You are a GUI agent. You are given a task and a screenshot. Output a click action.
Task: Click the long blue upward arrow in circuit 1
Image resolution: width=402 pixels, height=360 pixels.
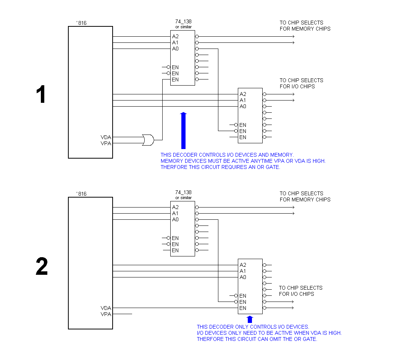click(183, 130)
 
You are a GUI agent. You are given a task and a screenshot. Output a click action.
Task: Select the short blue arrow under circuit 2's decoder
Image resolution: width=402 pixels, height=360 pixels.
click(250, 319)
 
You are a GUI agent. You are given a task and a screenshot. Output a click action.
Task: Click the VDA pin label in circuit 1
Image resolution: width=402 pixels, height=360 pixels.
click(106, 137)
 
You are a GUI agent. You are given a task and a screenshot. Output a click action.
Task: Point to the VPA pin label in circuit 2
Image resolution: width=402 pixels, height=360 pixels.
click(106, 314)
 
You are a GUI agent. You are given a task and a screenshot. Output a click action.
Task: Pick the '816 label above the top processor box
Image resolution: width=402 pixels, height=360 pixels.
click(82, 23)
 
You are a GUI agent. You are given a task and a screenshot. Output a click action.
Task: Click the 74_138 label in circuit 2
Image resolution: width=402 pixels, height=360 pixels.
click(183, 192)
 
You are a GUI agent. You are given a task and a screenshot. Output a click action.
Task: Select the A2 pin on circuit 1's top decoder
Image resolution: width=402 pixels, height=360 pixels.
click(175, 36)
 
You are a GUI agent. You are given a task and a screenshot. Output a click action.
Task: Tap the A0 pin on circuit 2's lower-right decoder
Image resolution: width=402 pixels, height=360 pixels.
click(243, 277)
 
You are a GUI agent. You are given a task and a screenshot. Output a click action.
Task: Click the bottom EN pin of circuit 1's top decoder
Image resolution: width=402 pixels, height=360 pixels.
click(175, 79)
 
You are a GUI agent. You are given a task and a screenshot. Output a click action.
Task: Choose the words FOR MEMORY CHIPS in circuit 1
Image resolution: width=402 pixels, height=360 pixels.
click(305, 29)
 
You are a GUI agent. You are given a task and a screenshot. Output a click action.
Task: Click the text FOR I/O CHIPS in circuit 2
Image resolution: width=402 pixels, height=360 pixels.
click(296, 294)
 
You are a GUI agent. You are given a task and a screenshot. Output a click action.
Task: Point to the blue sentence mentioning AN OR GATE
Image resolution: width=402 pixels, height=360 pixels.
click(220, 167)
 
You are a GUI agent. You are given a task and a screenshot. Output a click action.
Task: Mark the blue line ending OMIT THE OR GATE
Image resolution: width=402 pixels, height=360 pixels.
click(257, 339)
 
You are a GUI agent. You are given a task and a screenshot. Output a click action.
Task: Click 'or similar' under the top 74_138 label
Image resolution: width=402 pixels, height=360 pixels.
click(183, 27)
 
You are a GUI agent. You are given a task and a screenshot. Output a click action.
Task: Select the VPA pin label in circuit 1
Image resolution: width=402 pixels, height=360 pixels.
click(106, 143)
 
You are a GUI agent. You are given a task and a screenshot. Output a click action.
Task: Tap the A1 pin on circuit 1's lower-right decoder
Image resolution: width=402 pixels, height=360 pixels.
click(243, 100)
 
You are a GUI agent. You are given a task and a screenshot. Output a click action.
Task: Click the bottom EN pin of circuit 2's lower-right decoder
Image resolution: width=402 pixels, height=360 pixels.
click(243, 308)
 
